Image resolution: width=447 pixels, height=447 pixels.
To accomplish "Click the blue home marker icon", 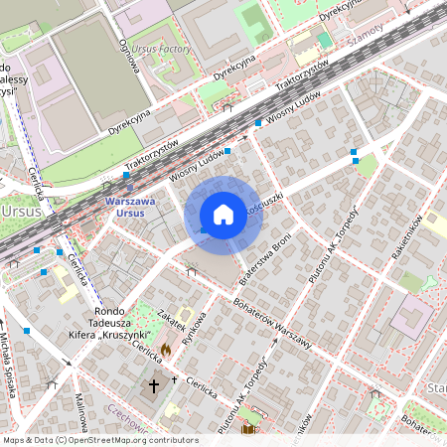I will (x=223, y=215).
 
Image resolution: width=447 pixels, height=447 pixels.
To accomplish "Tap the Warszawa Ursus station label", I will (x=130, y=207).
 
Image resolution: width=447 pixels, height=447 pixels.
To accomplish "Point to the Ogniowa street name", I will (x=126, y=45).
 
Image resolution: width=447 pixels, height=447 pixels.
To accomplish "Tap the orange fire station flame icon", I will (x=166, y=350).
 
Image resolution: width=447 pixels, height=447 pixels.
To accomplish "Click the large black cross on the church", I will (x=154, y=383).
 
